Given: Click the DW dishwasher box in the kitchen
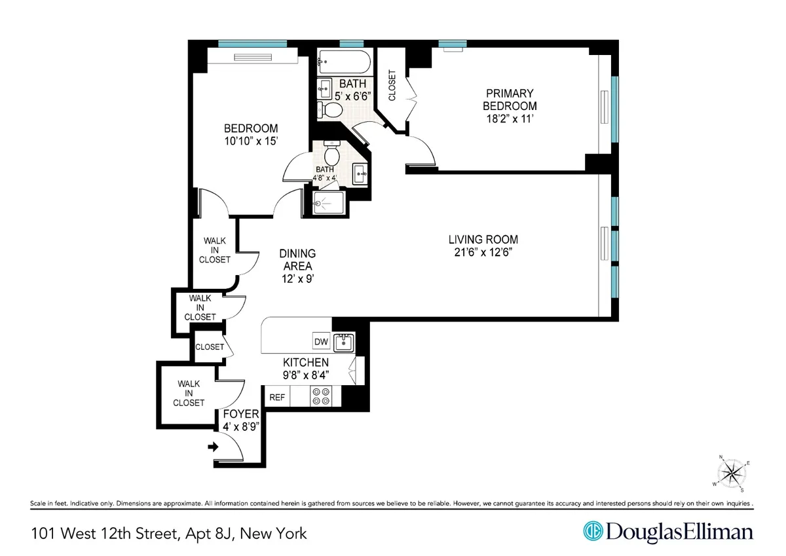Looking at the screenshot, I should [321, 341].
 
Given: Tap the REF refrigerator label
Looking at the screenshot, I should [277, 397].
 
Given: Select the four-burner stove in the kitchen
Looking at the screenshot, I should [322, 396].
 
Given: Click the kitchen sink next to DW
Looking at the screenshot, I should [343, 342].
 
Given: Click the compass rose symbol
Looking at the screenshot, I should [732, 473].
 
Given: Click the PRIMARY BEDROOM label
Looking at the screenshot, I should [510, 100].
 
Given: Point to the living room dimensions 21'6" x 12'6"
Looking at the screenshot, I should [478, 252].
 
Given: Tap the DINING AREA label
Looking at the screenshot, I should [297, 260].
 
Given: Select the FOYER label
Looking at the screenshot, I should [241, 415].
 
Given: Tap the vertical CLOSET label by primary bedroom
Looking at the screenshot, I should [392, 86].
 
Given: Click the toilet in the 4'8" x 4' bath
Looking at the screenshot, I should [332, 155].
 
